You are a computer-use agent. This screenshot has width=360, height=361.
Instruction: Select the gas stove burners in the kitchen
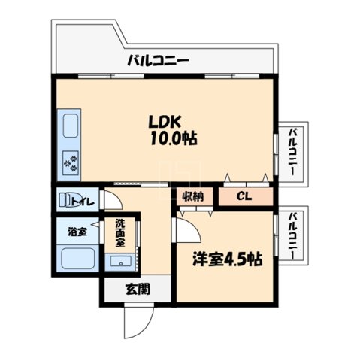tap(71, 162)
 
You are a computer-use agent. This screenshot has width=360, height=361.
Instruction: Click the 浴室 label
tap(77, 231)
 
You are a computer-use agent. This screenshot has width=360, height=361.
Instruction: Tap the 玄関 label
tap(138, 288)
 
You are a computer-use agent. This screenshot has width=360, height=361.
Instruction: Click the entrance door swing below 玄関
tap(135, 322)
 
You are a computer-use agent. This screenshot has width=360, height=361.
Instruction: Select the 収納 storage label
tap(192, 197)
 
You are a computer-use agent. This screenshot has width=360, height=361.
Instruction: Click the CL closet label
tap(244, 197)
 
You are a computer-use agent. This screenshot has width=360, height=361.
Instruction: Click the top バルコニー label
tap(158, 59)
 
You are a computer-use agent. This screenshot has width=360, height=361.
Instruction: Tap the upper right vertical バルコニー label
tap(294, 151)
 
